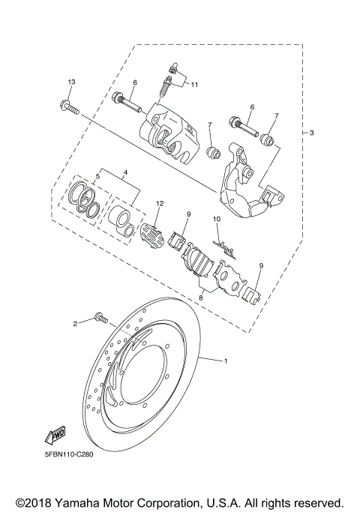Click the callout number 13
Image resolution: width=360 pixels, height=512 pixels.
click(71, 81)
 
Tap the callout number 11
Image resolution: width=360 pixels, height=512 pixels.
click(193, 84)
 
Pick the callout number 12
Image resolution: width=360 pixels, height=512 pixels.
click(159, 203)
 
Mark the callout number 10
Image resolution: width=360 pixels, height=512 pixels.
click(215, 220)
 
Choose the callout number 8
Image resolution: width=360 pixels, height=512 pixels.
click(199, 298)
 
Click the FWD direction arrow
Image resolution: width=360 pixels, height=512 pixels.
click(55, 436)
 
